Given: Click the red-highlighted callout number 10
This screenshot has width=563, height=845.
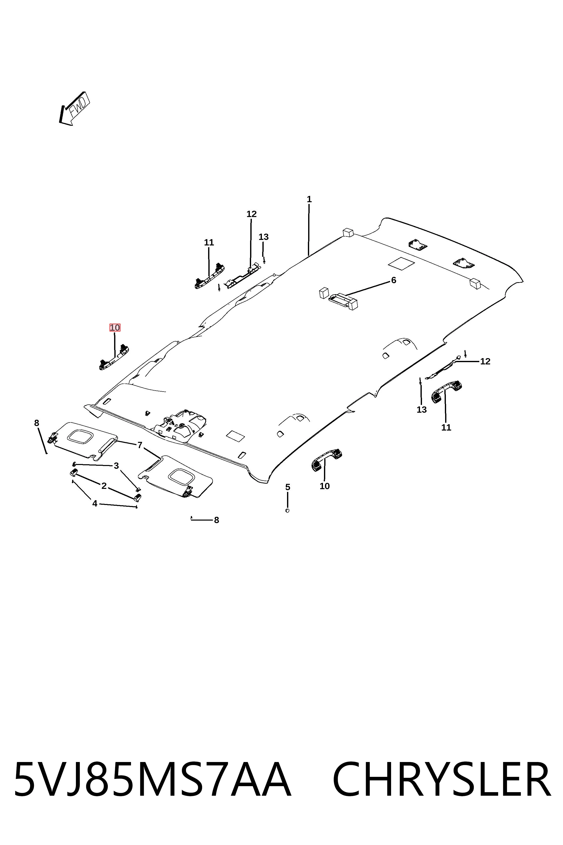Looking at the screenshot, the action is click(115, 328).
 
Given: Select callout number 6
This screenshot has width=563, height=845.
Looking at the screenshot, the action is click(394, 280).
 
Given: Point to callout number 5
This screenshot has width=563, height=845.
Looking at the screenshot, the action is click(288, 487).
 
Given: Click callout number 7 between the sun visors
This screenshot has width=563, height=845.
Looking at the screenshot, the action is click(140, 445).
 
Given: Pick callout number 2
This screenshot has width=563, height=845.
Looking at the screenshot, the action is click(104, 486).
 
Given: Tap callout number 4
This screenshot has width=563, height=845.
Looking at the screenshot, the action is click(95, 504).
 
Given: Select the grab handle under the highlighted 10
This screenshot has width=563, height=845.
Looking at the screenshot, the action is click(114, 357).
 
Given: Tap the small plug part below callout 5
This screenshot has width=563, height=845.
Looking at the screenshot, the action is click(287, 511).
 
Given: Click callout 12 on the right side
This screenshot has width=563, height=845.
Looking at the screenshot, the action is click(485, 361).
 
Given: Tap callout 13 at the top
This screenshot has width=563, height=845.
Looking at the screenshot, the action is click(264, 237).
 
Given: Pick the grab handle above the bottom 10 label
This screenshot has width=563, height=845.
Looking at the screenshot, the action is click(327, 459).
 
